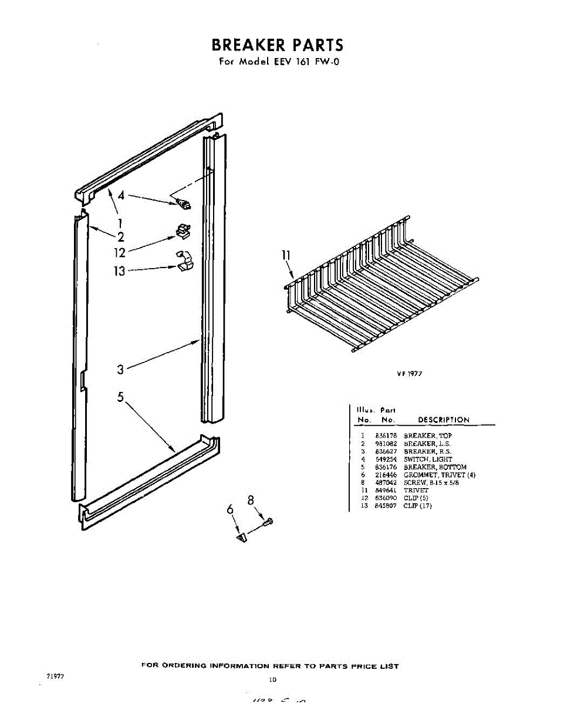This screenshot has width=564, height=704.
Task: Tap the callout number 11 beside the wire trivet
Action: coord(286,255)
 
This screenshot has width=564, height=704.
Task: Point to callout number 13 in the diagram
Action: coord(120,271)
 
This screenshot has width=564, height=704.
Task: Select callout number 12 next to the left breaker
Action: coord(120,253)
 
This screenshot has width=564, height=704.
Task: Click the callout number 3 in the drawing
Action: coord(120,370)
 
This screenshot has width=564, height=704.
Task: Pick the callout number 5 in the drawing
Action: coord(120,397)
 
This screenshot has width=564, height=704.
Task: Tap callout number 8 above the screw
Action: coord(251,500)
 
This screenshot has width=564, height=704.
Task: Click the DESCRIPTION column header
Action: coord(443,420)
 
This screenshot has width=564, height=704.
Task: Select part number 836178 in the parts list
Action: coord(386,436)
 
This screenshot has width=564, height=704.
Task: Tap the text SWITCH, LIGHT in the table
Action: coord(428,459)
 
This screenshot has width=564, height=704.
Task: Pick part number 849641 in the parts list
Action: coord(386,490)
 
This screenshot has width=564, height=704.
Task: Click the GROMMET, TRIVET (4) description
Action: coord(439,475)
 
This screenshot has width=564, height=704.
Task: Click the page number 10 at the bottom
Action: coord(272,680)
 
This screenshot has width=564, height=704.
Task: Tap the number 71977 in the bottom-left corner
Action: coord(55,676)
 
